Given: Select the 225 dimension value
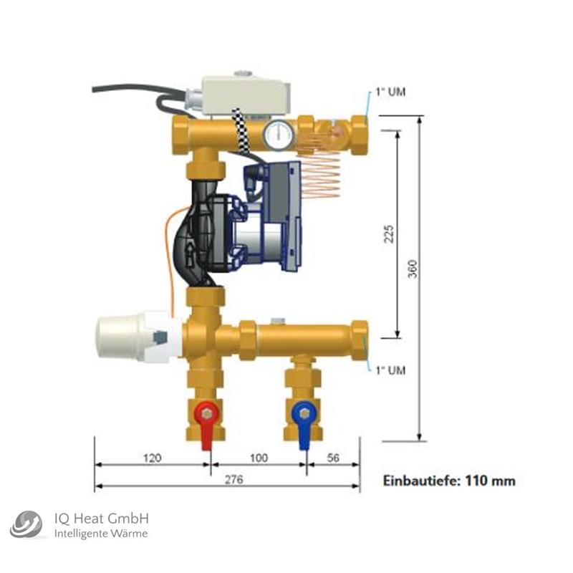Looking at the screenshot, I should click(390, 234).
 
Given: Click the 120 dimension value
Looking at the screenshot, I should click(151, 457).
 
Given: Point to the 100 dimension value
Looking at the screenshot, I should click(259, 457).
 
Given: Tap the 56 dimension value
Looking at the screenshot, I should click(333, 457).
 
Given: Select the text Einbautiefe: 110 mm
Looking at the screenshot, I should click(449, 480).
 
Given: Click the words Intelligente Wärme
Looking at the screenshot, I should click(102, 534).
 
